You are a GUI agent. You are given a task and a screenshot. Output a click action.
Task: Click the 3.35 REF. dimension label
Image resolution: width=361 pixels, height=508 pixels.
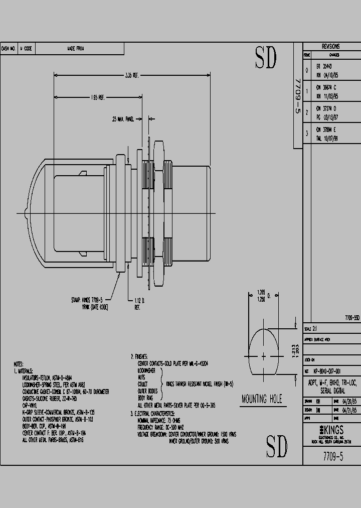132,76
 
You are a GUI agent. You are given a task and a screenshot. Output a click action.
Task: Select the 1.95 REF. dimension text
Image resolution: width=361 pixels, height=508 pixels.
98,97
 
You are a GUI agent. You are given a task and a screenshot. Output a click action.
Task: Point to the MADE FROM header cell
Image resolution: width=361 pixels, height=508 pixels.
76,49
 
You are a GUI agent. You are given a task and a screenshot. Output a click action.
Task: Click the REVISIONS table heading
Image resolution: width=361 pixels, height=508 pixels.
330,46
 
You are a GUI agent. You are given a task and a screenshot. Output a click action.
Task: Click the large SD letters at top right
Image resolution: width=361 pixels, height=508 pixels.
266,59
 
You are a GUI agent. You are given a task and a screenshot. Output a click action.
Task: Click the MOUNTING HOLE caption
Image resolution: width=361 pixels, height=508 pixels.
261,399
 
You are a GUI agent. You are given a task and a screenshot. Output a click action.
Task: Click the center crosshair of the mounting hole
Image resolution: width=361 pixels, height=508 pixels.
264,355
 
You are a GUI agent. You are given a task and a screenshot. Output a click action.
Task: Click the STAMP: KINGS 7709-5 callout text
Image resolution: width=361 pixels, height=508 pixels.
90,300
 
